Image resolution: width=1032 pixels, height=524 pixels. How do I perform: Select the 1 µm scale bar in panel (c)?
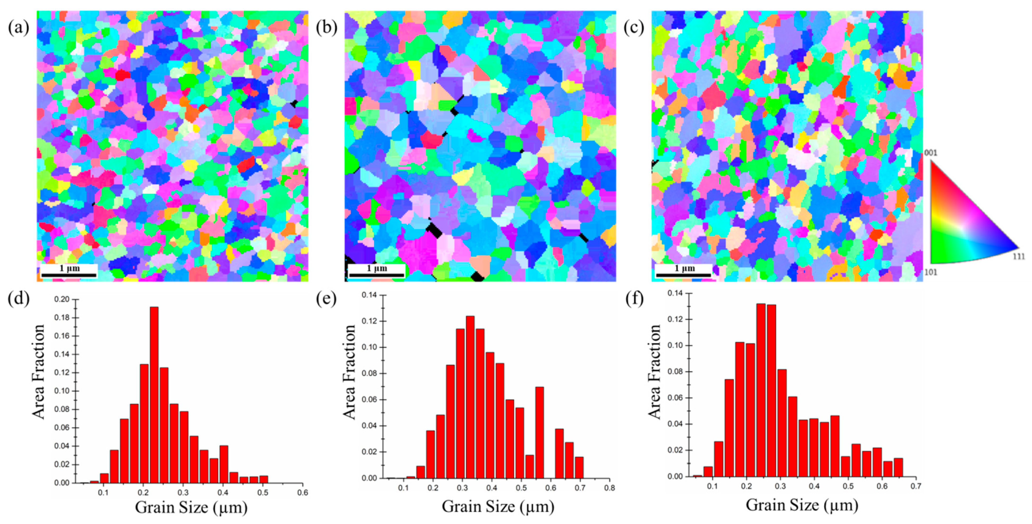pyautogui.click(x=683, y=275)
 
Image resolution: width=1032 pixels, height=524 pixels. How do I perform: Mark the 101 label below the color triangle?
pyautogui.click(x=931, y=272)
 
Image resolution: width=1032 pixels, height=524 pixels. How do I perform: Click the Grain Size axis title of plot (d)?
pyautogui.click(x=191, y=508)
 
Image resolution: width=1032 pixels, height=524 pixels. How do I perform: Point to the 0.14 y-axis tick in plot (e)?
pyautogui.click(x=369, y=295)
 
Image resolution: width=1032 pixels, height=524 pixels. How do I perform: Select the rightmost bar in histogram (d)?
pyautogui.click(x=263, y=479)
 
